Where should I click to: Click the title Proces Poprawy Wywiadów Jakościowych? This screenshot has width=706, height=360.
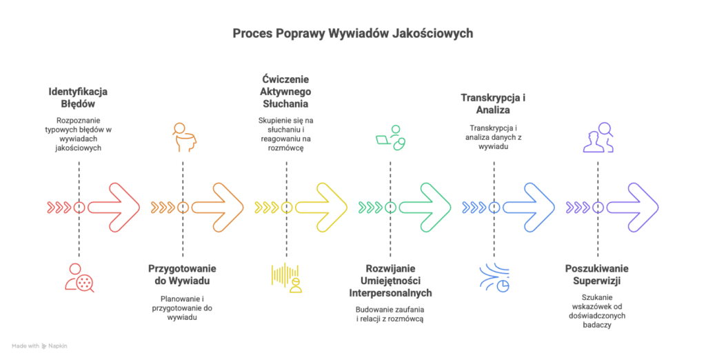(352, 33)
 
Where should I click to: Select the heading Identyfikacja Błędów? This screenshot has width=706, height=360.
(78, 97)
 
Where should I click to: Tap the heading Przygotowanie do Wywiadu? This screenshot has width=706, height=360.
(182, 275)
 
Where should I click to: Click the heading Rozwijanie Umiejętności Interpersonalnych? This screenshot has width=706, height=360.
(390, 281)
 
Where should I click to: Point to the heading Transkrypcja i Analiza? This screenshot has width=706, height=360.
(494, 103)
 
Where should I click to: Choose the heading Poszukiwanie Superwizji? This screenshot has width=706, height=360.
(597, 274)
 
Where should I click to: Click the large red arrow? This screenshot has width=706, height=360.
(114, 207)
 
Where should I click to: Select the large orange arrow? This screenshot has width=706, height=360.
(218, 207)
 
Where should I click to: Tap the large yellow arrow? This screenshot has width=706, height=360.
(322, 207)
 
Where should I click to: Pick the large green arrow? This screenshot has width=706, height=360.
(425, 207)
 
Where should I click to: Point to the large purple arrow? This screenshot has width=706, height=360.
(633, 207)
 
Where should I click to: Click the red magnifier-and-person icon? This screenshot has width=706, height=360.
(79, 278)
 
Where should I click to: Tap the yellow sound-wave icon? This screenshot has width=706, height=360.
(286, 278)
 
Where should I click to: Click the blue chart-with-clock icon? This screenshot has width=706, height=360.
(494, 278)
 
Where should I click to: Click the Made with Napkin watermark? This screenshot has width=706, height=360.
(39, 346)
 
